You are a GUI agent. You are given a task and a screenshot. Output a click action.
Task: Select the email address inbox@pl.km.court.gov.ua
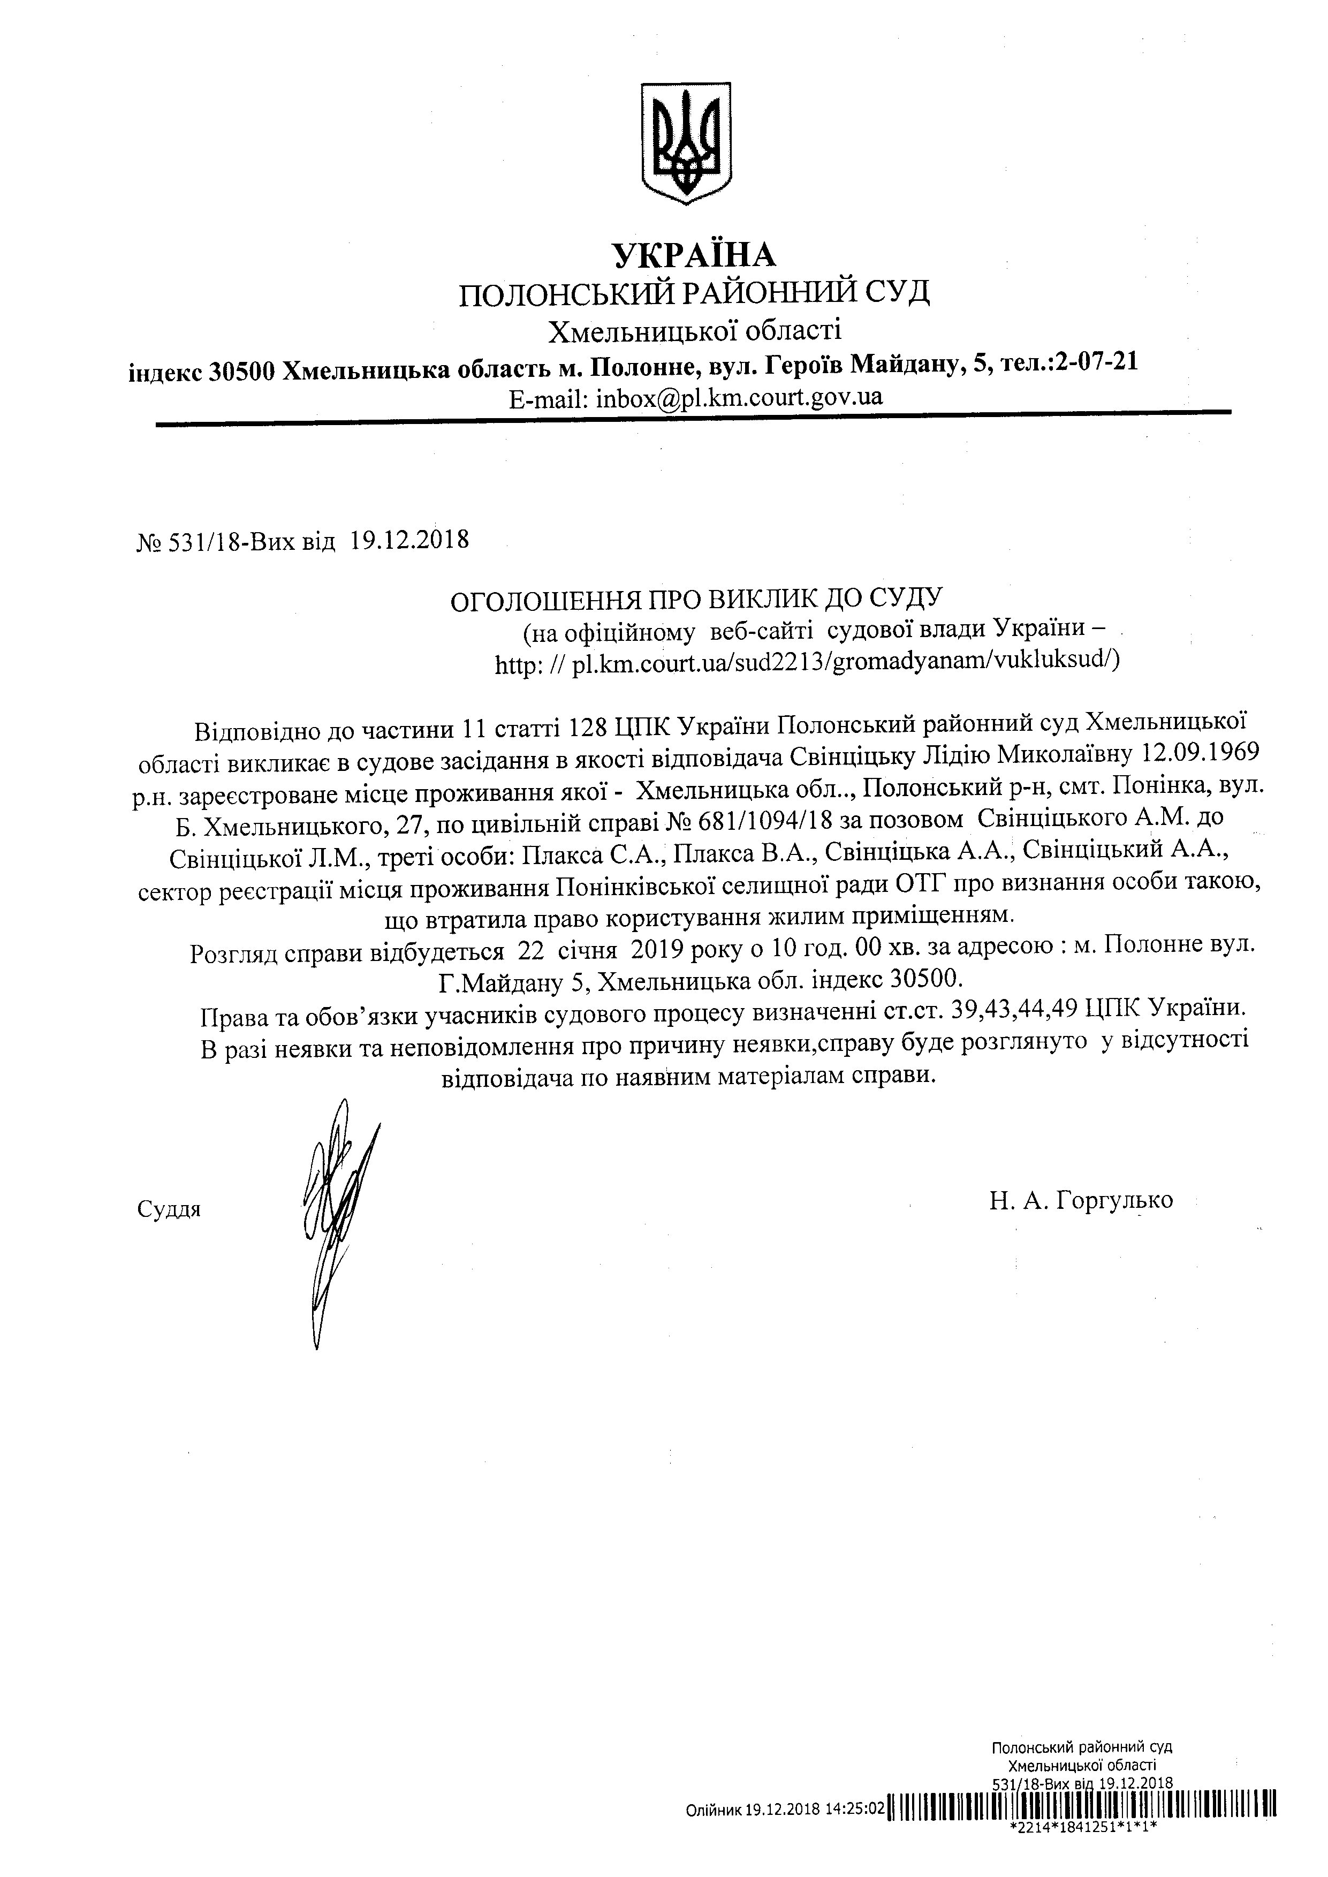tap(739, 398)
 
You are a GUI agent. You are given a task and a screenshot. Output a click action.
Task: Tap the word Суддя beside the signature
tap(169, 1209)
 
